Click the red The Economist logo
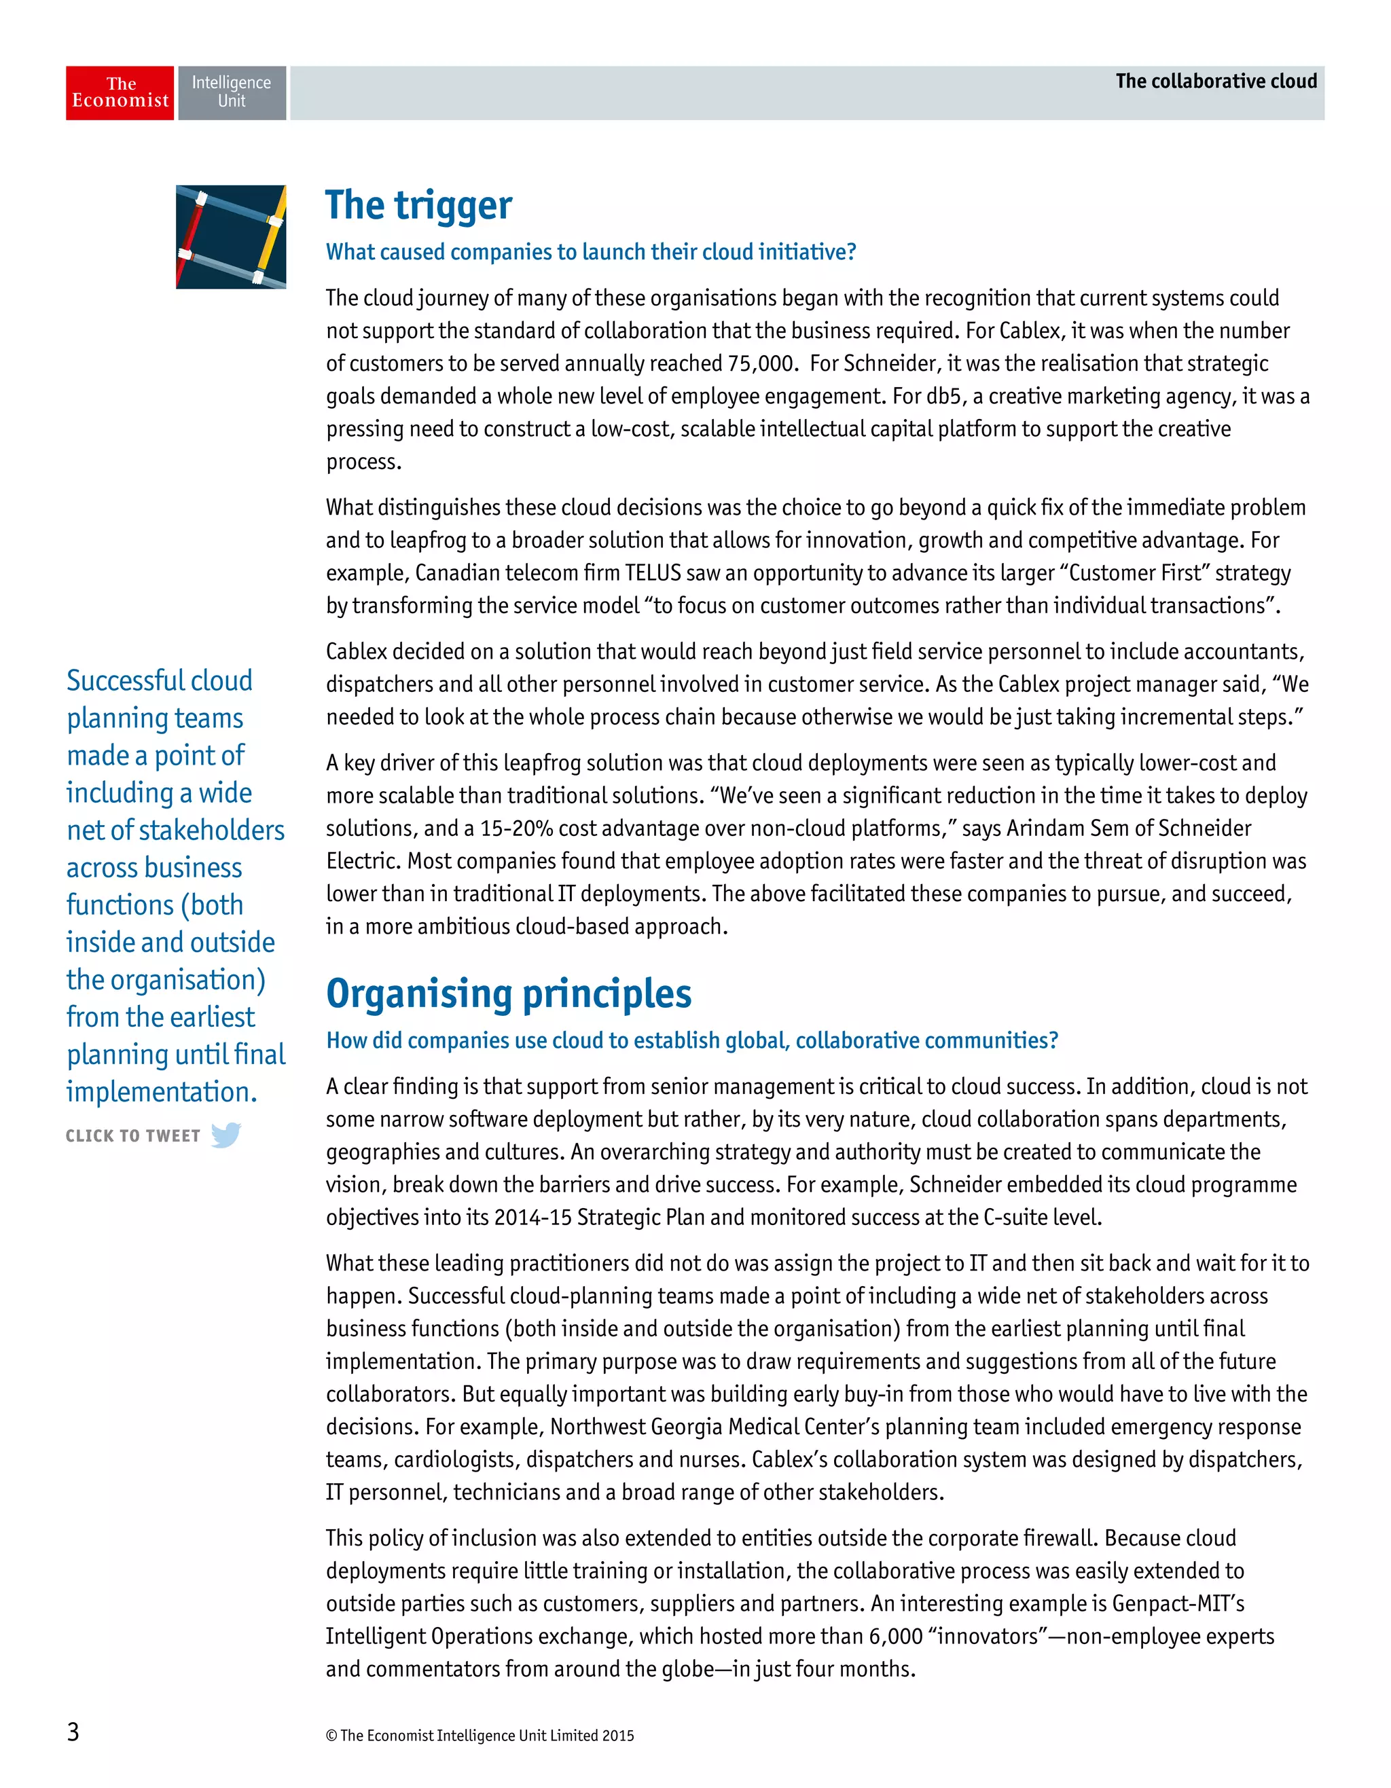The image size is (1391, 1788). point(120,92)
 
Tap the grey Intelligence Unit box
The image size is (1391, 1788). point(232,92)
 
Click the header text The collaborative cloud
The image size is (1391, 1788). point(1215,81)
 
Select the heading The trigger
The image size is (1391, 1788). point(418,206)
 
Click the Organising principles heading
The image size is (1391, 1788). point(509,994)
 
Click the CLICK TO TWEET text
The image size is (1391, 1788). point(132,1135)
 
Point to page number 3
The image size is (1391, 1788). point(73,1731)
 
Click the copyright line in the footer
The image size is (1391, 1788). point(480,1735)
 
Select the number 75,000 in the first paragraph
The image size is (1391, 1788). point(762,363)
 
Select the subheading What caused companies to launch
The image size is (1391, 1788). point(590,252)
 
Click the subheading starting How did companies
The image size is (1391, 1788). point(692,1040)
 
